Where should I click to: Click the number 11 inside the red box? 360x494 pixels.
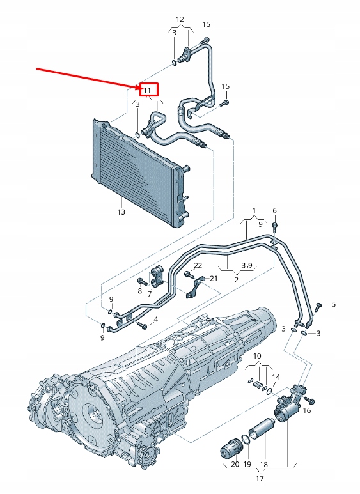click(146, 91)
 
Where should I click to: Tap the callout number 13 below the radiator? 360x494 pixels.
click(121, 212)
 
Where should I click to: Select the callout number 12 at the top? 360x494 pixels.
click(180, 19)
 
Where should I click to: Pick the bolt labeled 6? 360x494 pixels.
click(274, 226)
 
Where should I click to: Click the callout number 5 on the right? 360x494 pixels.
click(333, 304)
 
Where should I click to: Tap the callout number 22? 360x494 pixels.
click(198, 265)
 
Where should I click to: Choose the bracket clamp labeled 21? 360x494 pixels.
click(196, 286)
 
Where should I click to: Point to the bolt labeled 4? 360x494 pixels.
click(143, 325)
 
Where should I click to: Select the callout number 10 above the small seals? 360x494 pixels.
click(257, 355)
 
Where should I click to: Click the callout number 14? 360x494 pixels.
click(276, 377)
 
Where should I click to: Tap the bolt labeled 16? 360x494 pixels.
click(309, 400)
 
